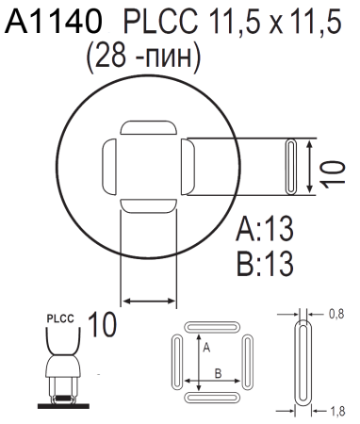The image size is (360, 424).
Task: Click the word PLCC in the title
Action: [153, 21]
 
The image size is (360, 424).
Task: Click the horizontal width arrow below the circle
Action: [149, 301]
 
